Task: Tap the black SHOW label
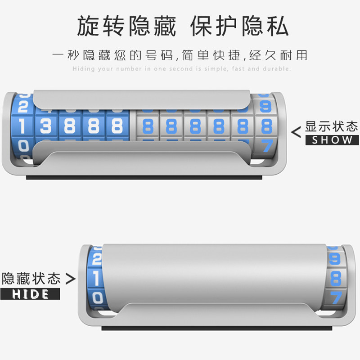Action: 332,140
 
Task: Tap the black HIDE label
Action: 30,294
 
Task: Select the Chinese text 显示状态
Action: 332,126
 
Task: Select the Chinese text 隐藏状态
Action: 31,279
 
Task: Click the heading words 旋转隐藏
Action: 126,26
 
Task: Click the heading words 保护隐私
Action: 239,26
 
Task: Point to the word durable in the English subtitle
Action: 277,69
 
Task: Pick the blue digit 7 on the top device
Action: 267,145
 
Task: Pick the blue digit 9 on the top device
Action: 266,107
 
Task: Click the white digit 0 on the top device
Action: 22,146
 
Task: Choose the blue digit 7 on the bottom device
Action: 336,297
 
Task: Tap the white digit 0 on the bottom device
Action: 97,298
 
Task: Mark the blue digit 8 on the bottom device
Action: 336,279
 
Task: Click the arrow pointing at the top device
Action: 296,132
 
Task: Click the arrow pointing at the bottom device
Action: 70,279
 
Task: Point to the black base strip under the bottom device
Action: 216,328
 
